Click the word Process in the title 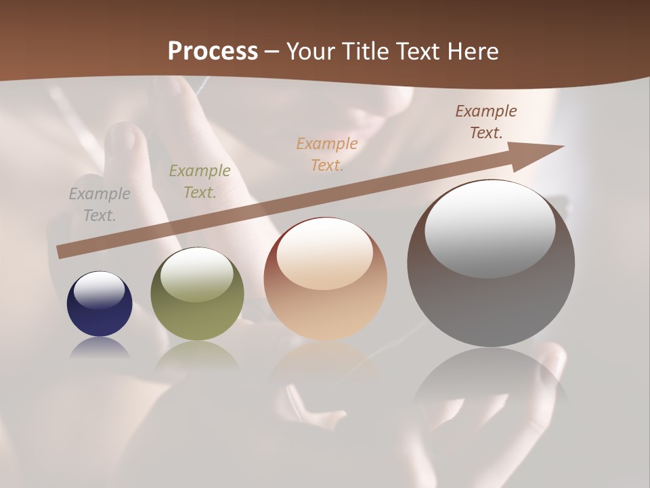(213, 52)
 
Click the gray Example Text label (100, 205)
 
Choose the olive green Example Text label (200, 182)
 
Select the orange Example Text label (327, 154)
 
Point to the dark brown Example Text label (486, 122)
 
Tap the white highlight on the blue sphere (99, 290)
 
